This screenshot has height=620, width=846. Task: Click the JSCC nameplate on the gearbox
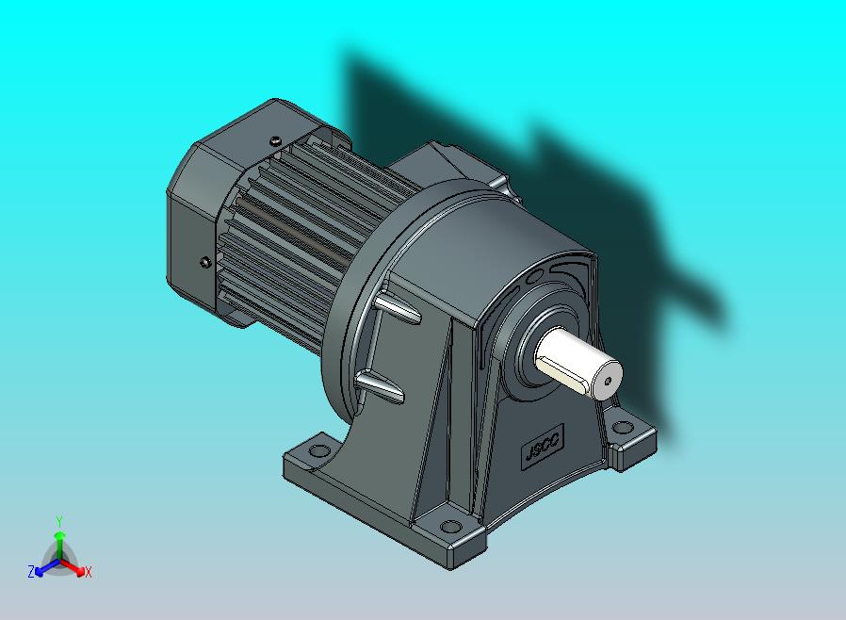tap(544, 444)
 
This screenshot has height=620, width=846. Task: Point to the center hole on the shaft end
tap(608, 381)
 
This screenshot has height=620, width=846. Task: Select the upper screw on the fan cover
tap(276, 140)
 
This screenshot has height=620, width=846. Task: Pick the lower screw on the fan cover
tap(204, 262)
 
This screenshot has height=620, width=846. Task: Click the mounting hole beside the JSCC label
tap(623, 428)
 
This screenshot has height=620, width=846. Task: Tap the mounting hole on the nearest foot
tap(451, 526)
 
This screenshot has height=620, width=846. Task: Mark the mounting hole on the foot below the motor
tap(318, 449)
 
